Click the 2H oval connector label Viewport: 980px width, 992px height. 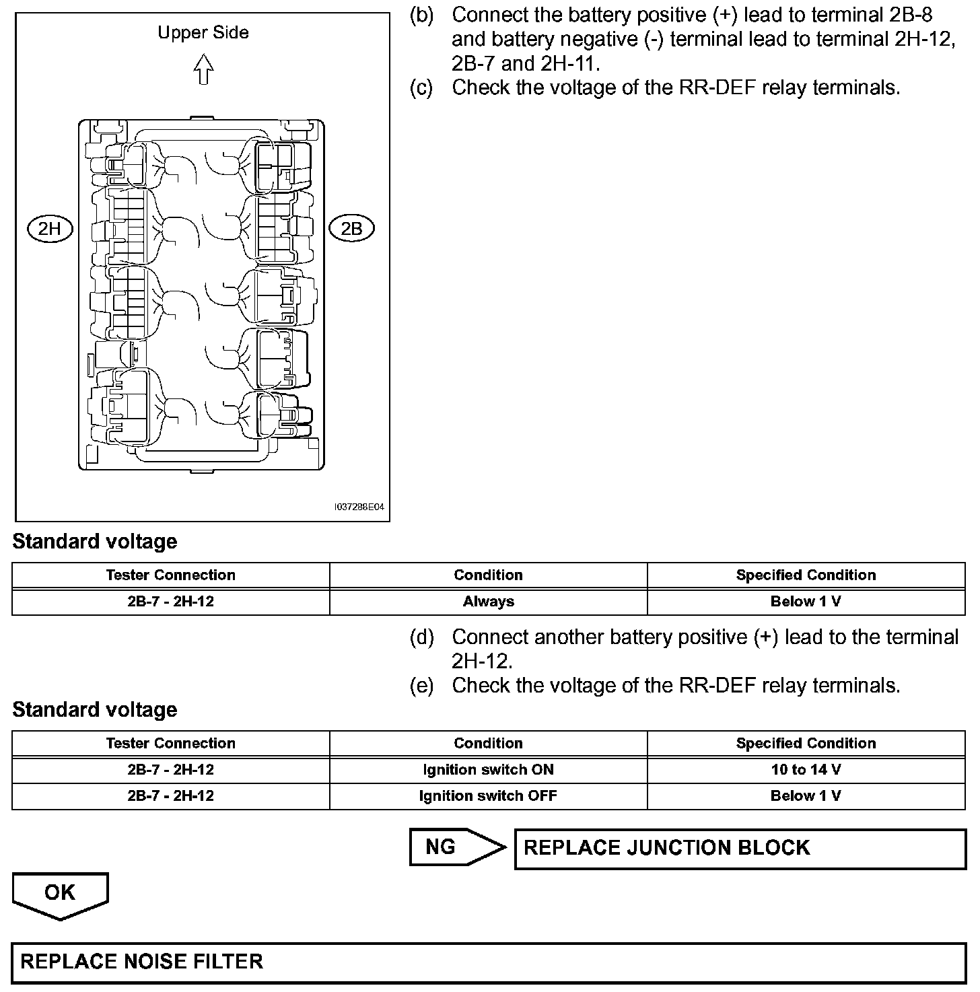tap(49, 229)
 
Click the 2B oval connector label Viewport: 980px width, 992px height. tap(351, 229)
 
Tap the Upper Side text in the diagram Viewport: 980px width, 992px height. tap(203, 32)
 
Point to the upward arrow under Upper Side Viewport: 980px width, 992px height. tap(203, 69)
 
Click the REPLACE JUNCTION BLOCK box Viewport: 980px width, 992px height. tap(740, 848)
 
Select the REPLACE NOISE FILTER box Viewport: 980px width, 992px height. tap(489, 961)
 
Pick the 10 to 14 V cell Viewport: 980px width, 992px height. tap(806, 769)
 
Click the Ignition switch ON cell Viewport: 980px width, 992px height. tap(488, 769)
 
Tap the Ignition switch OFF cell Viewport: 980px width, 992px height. tap(488, 795)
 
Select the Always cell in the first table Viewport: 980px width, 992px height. tap(488, 602)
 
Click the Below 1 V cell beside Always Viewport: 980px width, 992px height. tap(806, 602)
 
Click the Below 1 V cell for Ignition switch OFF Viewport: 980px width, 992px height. tap(806, 795)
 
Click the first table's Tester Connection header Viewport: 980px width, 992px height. tap(170, 575)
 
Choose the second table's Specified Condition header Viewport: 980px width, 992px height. tap(806, 743)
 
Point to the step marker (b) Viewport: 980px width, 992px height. tap(422, 15)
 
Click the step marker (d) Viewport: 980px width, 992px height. tap(422, 637)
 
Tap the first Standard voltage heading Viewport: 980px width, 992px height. tap(95, 542)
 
